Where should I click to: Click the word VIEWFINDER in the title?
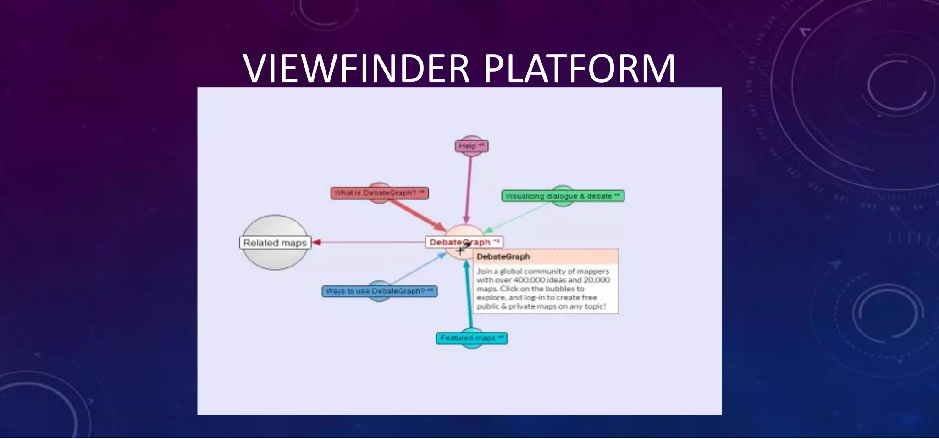356,69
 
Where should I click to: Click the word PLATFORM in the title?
579,69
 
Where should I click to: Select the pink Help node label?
471,146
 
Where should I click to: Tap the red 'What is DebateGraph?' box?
379,193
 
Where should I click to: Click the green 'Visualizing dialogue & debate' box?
562,196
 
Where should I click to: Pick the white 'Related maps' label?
275,243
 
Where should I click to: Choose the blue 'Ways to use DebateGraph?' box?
379,291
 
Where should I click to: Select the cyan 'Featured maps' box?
471,339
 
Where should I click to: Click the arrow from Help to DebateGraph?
469,188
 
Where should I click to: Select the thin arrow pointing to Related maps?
367,242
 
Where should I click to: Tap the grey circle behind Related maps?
275,225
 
